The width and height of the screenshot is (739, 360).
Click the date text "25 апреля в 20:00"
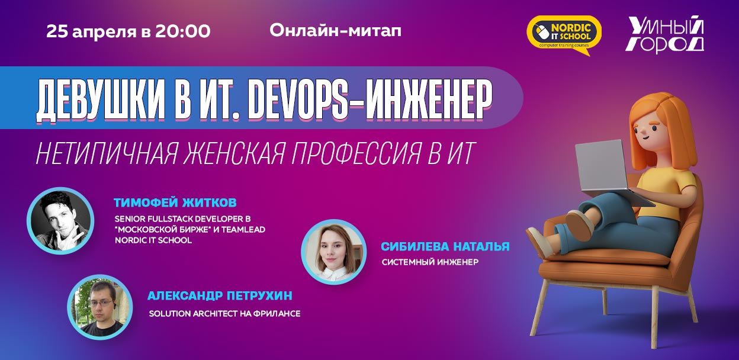[128, 31]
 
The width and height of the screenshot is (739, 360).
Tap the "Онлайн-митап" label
[336, 31]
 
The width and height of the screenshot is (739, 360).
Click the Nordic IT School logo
[564, 36]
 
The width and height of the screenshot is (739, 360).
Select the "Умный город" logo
[664, 36]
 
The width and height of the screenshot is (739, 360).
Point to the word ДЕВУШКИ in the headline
[99, 102]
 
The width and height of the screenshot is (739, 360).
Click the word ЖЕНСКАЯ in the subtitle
[233, 153]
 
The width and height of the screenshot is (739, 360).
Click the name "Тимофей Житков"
[175, 202]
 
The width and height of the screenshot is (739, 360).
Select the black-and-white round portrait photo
[60, 220]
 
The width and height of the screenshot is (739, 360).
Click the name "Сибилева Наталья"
[445, 246]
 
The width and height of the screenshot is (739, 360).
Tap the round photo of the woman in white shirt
[334, 252]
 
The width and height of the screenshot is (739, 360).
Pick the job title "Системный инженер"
[430, 262]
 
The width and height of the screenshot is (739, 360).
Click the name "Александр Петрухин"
[220, 295]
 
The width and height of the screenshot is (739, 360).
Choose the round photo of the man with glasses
[100, 307]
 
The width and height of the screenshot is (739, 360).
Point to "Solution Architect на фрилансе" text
[224, 313]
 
